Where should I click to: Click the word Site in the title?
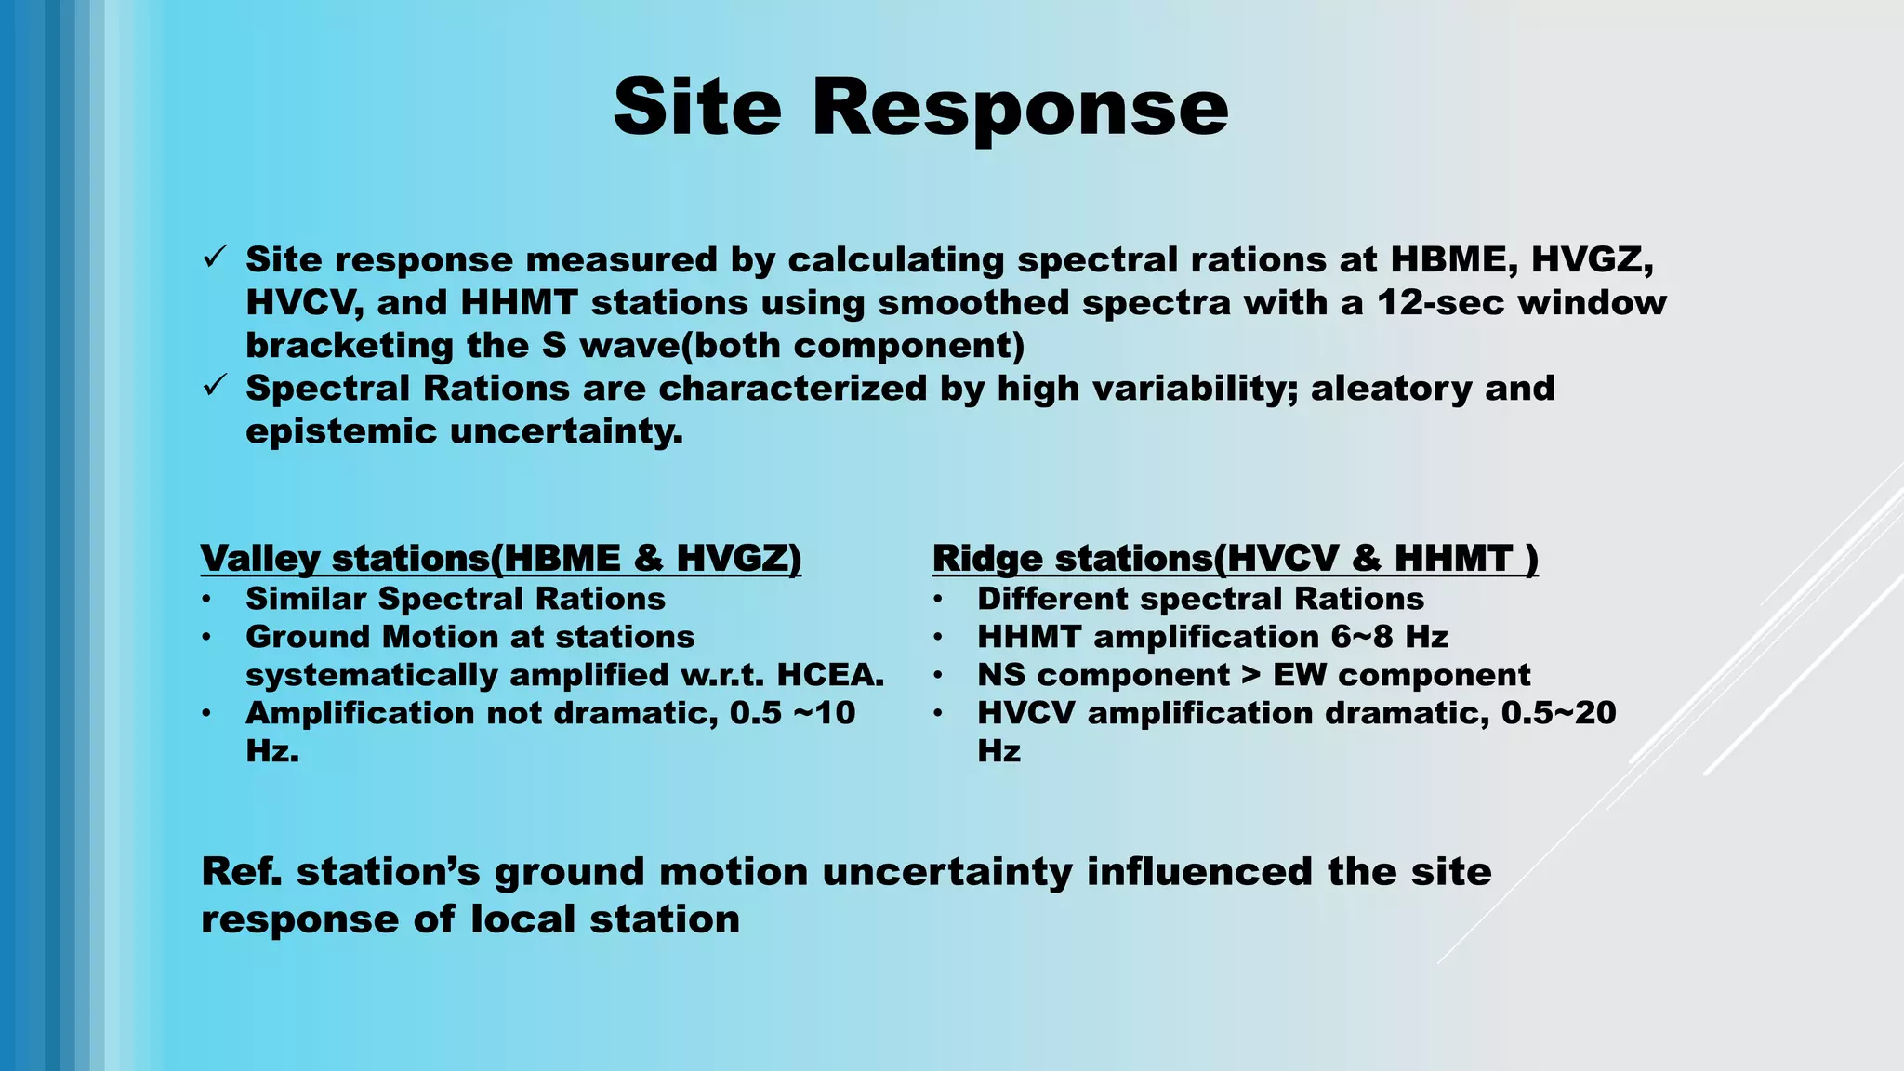coord(697,108)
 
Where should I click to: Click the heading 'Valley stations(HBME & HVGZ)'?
coord(500,559)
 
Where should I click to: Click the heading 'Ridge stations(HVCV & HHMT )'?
coord(1235,559)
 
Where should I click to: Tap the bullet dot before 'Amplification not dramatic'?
coord(206,713)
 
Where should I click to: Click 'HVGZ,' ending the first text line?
coord(1592,260)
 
